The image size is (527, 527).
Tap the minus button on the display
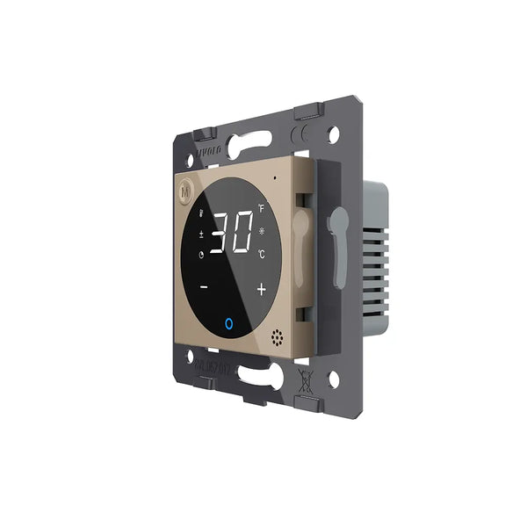[x=205, y=286]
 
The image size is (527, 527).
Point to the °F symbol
[x=261, y=209]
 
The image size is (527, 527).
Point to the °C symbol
[x=261, y=255]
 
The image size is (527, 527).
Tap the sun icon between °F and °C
[x=262, y=232]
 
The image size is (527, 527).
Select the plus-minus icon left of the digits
[x=202, y=234]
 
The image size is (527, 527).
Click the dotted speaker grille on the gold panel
[x=278, y=337]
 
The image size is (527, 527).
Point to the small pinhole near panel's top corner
[x=275, y=178]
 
